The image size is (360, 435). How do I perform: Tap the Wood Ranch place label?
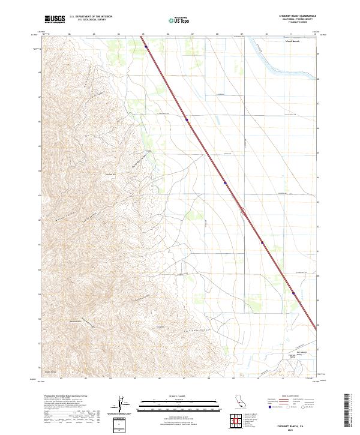(x=292, y=41)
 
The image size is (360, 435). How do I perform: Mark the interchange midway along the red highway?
(x=242, y=211)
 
